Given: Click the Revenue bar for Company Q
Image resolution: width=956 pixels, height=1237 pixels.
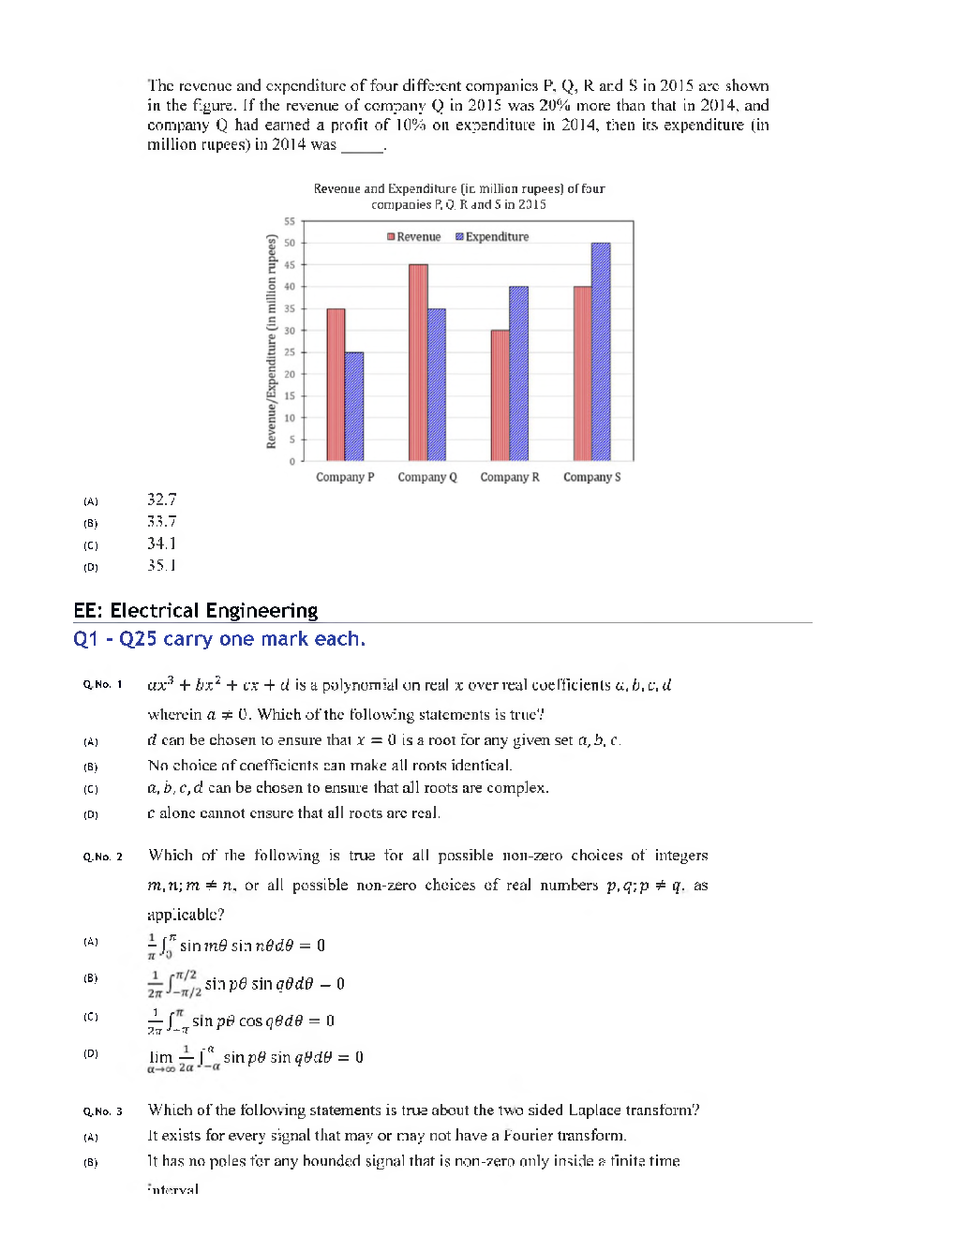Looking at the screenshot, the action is tap(418, 363).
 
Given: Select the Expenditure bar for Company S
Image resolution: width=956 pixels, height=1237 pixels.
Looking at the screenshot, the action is tap(601, 351).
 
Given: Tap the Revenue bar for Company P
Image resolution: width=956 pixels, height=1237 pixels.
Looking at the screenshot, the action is tap(336, 384).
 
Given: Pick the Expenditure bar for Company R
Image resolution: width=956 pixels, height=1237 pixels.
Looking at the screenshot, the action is tap(518, 373).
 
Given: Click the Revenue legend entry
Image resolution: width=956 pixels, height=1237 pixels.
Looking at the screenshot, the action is tap(413, 237).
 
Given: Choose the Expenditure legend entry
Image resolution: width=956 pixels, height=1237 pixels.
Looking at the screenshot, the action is tap(492, 237).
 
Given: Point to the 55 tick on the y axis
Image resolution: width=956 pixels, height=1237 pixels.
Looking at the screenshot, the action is tap(290, 221).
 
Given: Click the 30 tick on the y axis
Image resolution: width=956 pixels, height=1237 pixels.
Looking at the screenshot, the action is tap(290, 331).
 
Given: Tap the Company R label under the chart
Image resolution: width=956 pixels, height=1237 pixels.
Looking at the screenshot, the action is tap(510, 477).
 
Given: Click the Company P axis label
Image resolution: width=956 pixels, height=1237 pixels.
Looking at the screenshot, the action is tap(345, 477).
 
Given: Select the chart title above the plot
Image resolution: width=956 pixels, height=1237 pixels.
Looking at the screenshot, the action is tap(459, 196).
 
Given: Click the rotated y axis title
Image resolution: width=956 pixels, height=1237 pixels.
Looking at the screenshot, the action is tap(272, 342).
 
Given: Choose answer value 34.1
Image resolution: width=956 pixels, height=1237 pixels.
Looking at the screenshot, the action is tap(161, 544).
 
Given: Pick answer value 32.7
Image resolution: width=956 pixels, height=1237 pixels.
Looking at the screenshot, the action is tap(161, 499).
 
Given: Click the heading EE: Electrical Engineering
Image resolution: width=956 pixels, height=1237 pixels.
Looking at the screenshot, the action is tap(196, 611).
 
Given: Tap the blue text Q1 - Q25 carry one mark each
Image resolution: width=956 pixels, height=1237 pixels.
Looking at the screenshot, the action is tap(219, 639).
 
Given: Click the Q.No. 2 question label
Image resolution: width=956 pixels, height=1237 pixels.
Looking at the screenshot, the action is tap(102, 857).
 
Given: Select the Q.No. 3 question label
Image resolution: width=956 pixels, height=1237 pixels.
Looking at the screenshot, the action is tap(102, 1111).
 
